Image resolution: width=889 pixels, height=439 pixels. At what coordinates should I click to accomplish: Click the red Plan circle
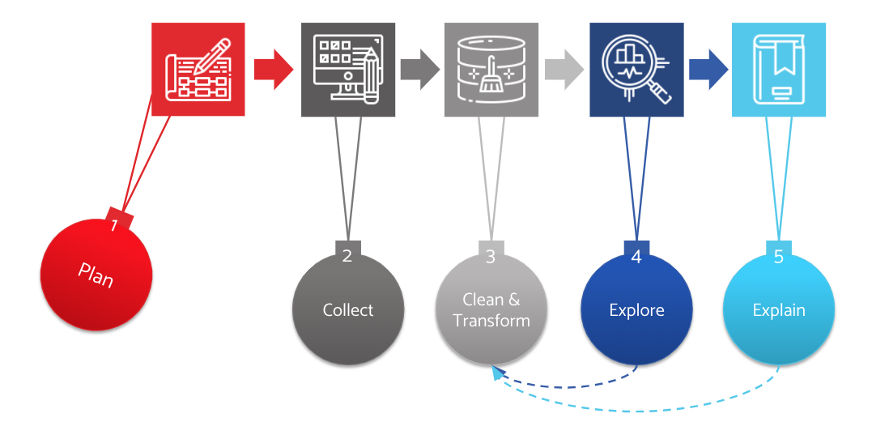coord(96,275)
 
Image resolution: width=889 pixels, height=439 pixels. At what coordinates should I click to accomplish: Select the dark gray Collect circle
coord(348,309)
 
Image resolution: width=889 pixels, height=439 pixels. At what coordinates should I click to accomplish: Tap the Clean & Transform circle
coord(491,309)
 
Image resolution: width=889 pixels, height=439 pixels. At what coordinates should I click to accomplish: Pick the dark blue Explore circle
coord(636,309)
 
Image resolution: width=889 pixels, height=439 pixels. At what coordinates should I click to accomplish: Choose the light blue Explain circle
coord(779,309)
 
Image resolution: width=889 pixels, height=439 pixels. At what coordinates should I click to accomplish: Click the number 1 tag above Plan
coord(119,219)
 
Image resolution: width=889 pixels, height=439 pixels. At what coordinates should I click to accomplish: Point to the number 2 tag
coord(347,253)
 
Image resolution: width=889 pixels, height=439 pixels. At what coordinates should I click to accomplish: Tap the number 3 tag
coord(491,253)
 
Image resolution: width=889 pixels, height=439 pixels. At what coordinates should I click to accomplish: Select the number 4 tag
coord(636,253)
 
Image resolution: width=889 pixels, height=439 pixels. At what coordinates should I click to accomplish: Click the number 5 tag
coord(779,253)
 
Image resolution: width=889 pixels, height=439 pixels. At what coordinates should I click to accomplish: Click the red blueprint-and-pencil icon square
coord(198,69)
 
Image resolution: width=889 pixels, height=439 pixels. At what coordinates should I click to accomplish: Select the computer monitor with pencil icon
coord(348,70)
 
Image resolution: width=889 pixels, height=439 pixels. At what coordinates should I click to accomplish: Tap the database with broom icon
coord(491,70)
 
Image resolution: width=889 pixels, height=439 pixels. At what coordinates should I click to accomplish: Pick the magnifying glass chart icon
coord(636,70)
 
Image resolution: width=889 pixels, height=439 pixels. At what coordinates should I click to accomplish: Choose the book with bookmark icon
coord(779,70)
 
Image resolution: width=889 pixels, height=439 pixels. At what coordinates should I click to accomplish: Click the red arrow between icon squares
coord(274,69)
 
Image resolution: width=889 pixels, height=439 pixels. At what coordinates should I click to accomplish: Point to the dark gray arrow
coord(420,69)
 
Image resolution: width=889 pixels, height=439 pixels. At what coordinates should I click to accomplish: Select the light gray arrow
coord(564,69)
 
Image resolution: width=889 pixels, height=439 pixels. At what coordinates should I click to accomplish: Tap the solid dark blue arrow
coord(708,69)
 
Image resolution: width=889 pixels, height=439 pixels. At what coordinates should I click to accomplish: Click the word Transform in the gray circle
coord(491,321)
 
